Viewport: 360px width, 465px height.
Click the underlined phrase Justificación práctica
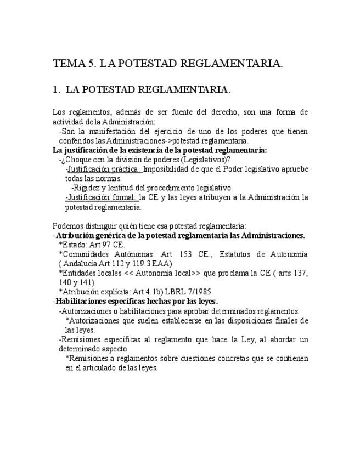(103, 169)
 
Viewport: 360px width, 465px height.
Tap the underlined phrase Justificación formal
(101, 197)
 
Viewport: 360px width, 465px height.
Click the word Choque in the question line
(81, 160)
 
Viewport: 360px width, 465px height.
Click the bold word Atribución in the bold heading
(76, 235)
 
